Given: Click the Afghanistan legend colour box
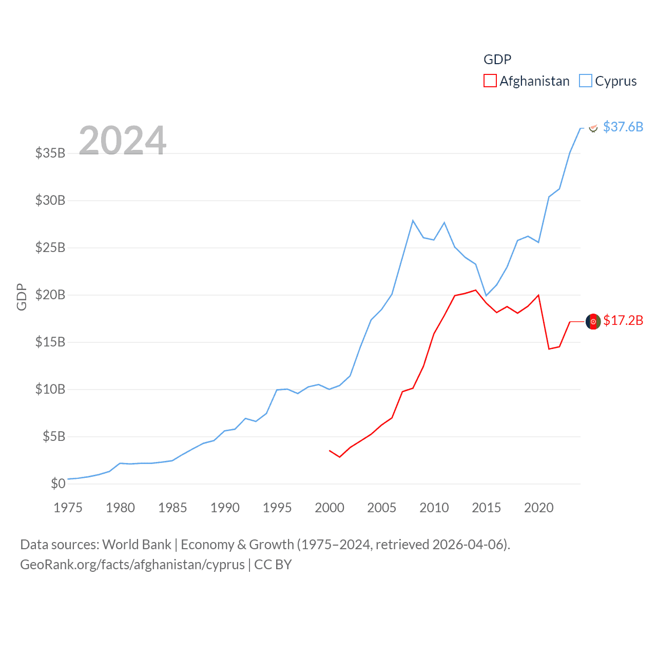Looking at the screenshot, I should pos(490,81).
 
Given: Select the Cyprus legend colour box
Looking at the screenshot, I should pos(586,81).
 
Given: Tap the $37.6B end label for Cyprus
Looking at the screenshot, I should pos(623,127).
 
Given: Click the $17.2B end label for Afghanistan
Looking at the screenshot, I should pos(623,320).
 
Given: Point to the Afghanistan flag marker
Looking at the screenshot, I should pos(593,321).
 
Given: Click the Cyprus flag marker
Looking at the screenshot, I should pos(593,128).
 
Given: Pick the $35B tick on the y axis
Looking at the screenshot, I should pos(50,153).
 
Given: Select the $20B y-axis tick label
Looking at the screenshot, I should pos(50,295).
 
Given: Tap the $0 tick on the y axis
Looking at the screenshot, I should pos(58,484).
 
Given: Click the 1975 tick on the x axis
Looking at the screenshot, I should pos(68,508).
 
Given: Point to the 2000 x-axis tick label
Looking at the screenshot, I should pos(330,508).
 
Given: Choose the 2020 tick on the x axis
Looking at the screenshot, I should pos(539,508).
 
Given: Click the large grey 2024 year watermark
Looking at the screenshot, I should pos(123,141).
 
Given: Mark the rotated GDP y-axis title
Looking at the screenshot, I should pos(22,297).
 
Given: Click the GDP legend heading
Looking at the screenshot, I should pos(497,60).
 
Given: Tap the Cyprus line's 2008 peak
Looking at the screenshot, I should pos(413,221).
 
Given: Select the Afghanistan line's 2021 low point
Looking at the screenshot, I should pos(549,349).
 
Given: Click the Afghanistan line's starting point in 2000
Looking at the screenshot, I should pos(330,451).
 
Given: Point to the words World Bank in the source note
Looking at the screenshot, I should pos(137,545).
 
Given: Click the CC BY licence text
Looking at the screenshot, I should pos(273,565).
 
